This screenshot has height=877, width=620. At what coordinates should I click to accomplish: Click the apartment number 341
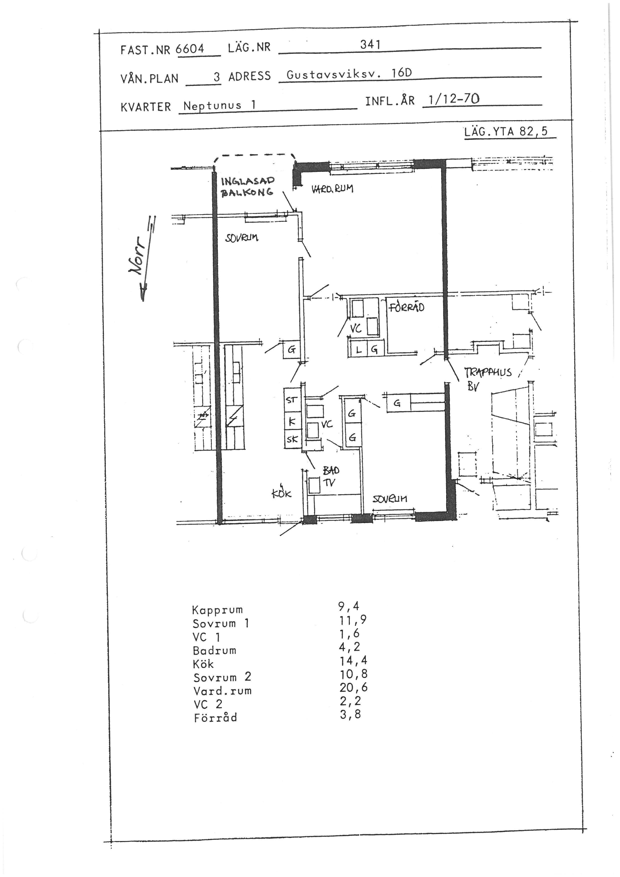click(x=370, y=45)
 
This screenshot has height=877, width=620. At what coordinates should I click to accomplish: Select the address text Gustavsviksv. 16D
click(x=349, y=74)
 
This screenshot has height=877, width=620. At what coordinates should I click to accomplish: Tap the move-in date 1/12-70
click(x=454, y=100)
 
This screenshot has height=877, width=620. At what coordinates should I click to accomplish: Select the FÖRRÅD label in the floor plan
click(x=406, y=307)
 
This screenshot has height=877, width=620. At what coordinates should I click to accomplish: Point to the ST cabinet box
click(x=292, y=400)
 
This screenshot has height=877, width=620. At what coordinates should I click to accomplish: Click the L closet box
click(x=358, y=349)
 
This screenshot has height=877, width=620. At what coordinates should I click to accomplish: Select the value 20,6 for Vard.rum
click(x=353, y=687)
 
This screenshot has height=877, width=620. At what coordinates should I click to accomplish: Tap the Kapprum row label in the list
click(x=217, y=610)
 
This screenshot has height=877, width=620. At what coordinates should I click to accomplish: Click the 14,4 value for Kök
click(x=353, y=660)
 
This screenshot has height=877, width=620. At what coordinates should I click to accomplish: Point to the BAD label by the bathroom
click(x=330, y=470)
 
